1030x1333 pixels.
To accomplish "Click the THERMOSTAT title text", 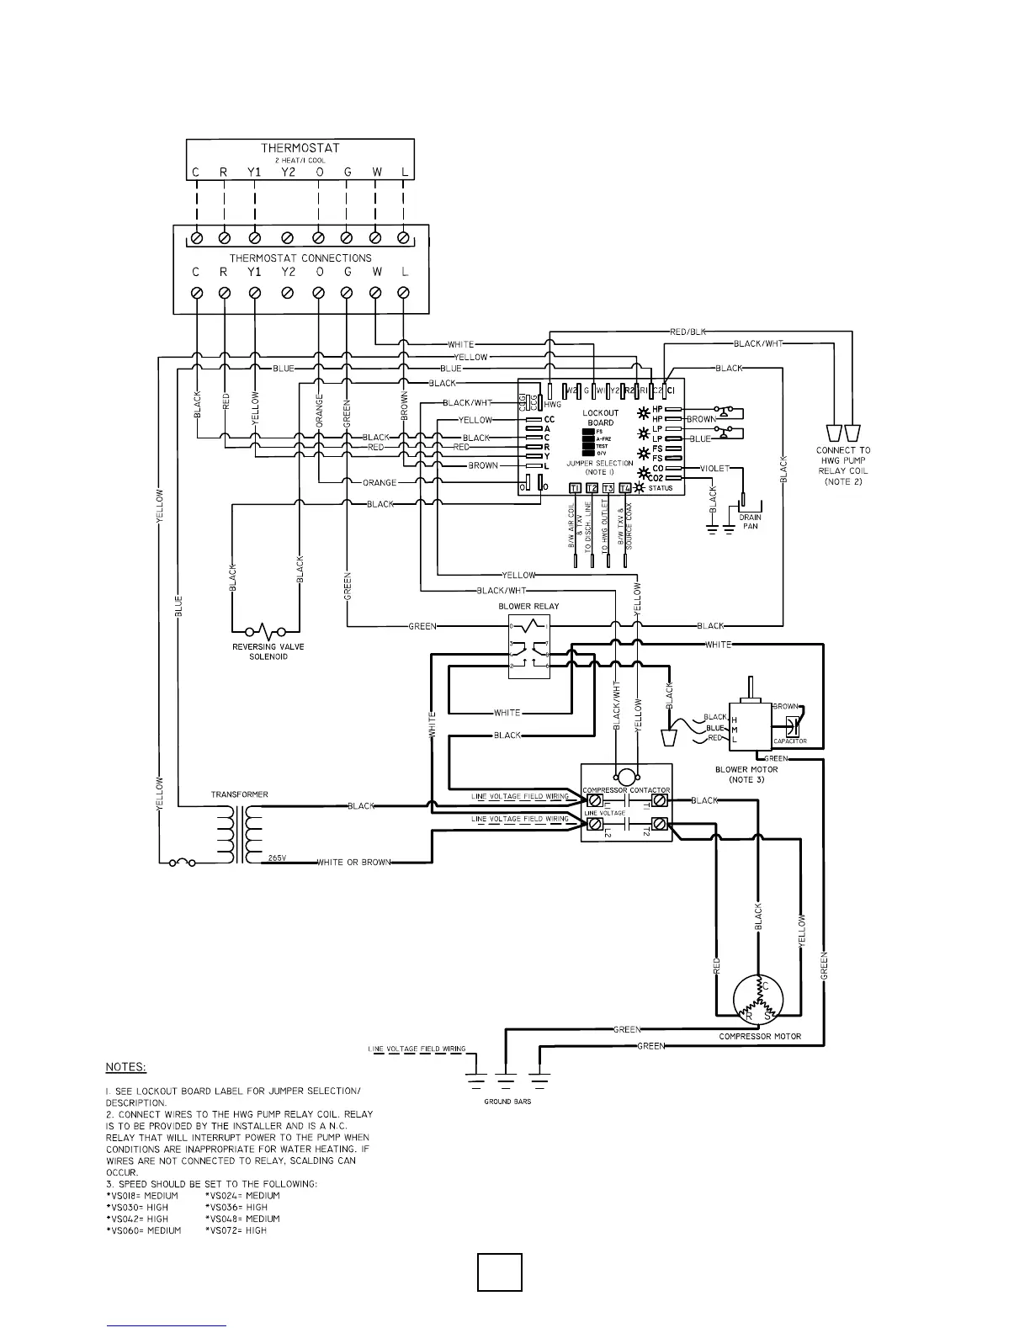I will coord(300,148).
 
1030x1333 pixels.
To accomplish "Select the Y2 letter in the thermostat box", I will coord(288,173).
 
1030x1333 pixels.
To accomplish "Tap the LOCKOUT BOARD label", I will coord(599,418).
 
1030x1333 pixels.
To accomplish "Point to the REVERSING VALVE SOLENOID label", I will coord(268,651).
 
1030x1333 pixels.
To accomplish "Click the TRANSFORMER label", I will coord(240,794).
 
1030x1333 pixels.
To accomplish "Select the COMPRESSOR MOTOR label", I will coord(760,1036).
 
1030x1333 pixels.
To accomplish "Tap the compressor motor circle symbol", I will coord(758,1001).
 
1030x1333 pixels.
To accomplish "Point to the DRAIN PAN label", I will coord(750,522).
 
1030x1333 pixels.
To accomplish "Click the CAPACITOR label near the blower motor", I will coord(790,741).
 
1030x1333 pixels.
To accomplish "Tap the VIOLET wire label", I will coord(714,469).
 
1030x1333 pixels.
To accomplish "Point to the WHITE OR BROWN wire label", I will coord(353,863).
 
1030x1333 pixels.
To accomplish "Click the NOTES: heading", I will coord(126,1067).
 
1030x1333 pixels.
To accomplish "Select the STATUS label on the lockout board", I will coord(661,488).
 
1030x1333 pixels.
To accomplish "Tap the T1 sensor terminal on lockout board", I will coord(575,488).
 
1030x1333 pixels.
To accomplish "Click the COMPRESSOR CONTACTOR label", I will coord(626,790).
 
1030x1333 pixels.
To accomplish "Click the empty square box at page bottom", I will coord(499,1272).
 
